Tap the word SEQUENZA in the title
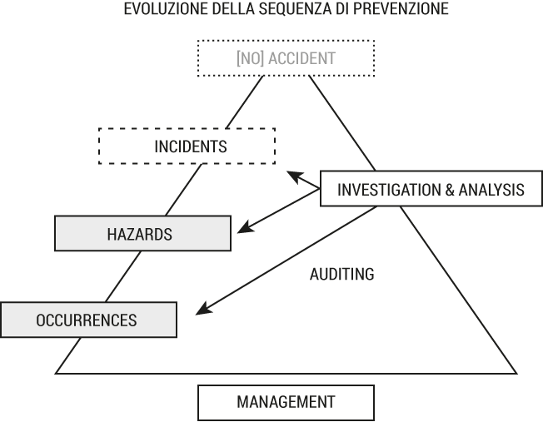tap(295, 8)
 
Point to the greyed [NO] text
tap(250, 58)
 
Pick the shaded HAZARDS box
tap(142, 233)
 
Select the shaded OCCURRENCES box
tap(88, 320)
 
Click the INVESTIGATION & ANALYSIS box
tap(431, 189)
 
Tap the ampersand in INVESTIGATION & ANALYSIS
tap(450, 190)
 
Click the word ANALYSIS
tap(491, 190)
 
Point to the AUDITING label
tap(341, 274)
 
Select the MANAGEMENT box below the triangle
tap(286, 402)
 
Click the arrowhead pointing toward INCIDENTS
tap(294, 176)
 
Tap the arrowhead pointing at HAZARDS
tap(244, 229)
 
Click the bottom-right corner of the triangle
tap(516, 374)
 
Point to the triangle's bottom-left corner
tap(56, 374)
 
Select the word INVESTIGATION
tap(389, 190)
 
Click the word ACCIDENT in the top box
tap(302, 58)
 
